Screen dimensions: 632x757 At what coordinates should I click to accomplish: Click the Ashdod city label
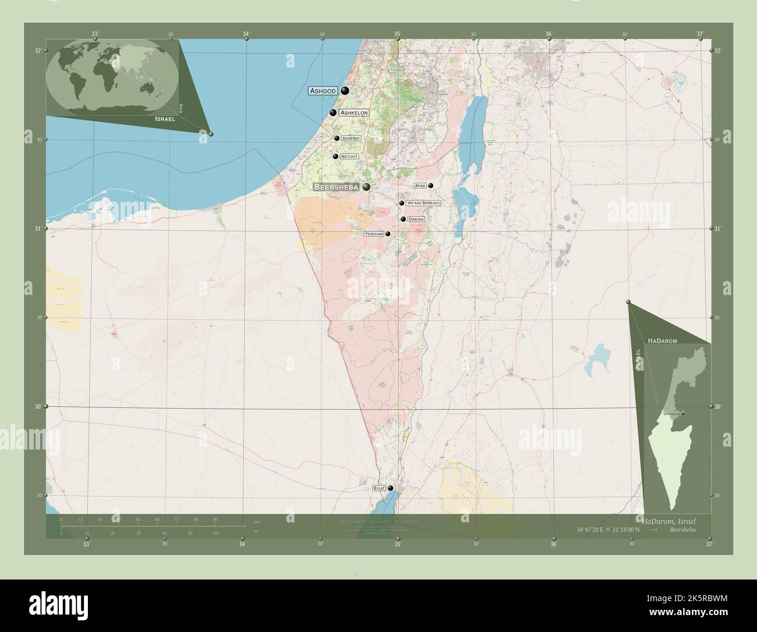tap(323, 91)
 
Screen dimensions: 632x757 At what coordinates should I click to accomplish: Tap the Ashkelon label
tap(354, 113)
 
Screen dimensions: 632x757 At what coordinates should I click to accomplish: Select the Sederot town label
tap(351, 138)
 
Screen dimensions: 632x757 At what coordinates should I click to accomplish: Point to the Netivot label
tap(349, 156)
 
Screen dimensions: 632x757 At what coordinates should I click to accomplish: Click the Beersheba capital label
tap(336, 187)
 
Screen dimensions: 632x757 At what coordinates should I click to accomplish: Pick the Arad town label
tap(420, 185)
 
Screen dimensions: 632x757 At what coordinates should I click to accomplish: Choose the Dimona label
tap(416, 219)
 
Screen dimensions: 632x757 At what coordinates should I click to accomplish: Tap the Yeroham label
tap(374, 234)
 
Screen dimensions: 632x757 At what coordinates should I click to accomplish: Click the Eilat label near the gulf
tap(379, 488)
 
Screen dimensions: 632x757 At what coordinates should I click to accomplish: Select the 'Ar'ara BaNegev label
tap(423, 203)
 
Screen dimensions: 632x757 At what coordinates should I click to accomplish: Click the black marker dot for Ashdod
tap(345, 90)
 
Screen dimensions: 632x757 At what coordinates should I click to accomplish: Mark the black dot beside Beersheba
tap(366, 187)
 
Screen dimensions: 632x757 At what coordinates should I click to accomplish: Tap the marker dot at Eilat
tap(391, 488)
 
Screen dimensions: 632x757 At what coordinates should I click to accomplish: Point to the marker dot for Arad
tap(431, 185)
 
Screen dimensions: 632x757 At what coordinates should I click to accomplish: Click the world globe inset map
tap(112, 75)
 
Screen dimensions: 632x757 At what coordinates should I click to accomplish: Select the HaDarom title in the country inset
tap(662, 339)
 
